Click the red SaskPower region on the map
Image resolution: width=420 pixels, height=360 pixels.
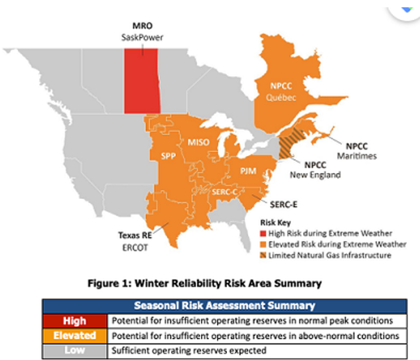[x=142, y=81]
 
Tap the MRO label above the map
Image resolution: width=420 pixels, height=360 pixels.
[x=143, y=26]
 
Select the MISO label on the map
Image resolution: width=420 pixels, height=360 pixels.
[x=198, y=142]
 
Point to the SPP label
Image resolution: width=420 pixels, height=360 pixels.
[x=169, y=156]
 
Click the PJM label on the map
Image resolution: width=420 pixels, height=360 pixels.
[x=248, y=171]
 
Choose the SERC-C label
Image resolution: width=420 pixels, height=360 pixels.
[x=224, y=192]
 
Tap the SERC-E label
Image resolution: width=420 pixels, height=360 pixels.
[x=284, y=205]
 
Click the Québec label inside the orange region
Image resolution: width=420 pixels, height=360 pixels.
[x=281, y=97]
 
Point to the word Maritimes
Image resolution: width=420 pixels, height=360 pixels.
[x=357, y=156]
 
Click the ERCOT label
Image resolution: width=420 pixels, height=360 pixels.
[x=135, y=247]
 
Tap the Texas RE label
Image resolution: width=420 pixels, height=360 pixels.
[x=135, y=235]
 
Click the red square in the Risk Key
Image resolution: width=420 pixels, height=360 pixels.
[x=263, y=233]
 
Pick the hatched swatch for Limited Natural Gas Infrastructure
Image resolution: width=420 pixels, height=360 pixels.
[x=263, y=255]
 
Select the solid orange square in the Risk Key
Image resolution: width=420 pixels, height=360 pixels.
[x=263, y=245]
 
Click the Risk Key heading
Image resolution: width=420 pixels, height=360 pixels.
[x=275, y=223]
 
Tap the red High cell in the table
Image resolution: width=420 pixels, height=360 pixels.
[x=75, y=321]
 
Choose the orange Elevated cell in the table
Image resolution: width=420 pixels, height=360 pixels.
[x=75, y=335]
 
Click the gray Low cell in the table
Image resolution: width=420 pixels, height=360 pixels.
[x=75, y=350]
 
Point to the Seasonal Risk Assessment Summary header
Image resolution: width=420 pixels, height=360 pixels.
[x=224, y=306]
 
